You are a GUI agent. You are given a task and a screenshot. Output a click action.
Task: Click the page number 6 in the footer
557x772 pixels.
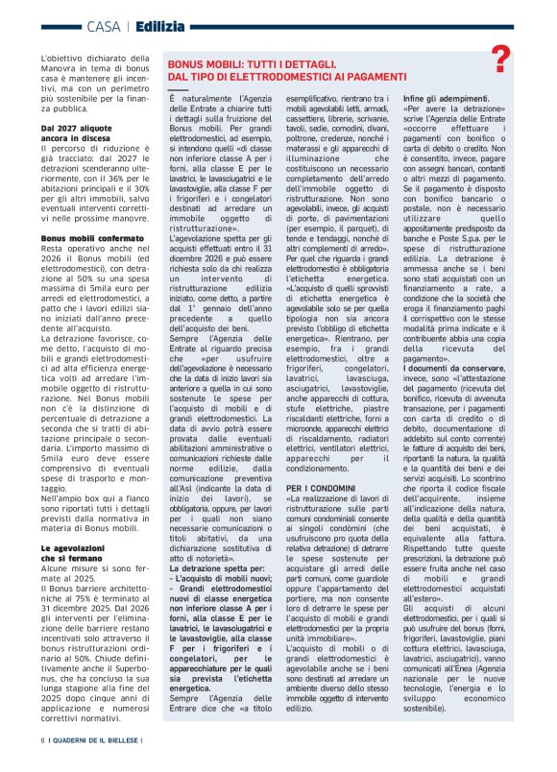42,739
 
